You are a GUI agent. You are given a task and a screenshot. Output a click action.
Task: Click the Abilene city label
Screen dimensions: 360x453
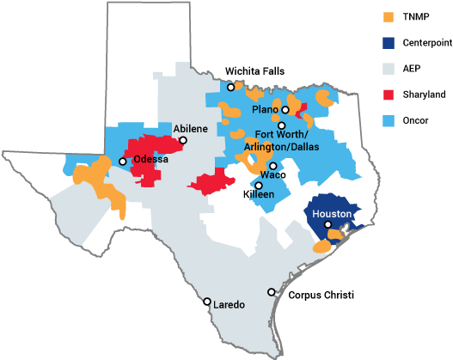click(x=191, y=129)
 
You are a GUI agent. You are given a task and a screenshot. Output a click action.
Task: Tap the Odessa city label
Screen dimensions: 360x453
click(x=150, y=160)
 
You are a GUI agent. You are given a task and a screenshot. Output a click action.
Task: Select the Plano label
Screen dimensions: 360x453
click(x=265, y=110)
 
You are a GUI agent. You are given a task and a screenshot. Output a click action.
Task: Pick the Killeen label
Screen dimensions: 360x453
click(x=259, y=195)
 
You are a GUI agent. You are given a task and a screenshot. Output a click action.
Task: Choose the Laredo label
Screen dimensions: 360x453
click(x=229, y=305)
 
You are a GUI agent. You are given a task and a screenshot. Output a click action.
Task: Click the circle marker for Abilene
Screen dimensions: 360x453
click(x=182, y=140)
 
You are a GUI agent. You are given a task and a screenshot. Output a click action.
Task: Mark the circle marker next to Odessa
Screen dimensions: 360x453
click(x=123, y=162)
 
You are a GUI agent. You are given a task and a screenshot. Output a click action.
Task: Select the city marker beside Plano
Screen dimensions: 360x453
click(x=285, y=110)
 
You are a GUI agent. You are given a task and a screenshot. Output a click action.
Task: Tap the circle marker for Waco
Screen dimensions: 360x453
click(x=272, y=166)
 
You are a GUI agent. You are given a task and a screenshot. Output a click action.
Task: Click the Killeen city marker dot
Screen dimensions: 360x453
click(x=258, y=186)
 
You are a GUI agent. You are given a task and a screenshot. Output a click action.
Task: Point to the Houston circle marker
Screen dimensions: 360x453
click(x=328, y=224)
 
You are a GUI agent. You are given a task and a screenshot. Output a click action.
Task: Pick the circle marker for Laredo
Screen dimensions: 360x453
click(x=207, y=302)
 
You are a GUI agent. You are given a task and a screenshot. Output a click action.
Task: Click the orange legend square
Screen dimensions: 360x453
click(x=389, y=16)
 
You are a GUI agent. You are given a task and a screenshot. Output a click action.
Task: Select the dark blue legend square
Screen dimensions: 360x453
click(x=389, y=42)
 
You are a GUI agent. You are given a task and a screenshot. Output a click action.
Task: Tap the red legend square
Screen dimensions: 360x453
click(x=389, y=95)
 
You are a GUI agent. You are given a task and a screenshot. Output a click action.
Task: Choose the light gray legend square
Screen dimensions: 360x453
click(x=389, y=69)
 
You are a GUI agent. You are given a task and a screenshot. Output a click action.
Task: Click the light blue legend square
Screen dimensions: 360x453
click(x=389, y=120)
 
